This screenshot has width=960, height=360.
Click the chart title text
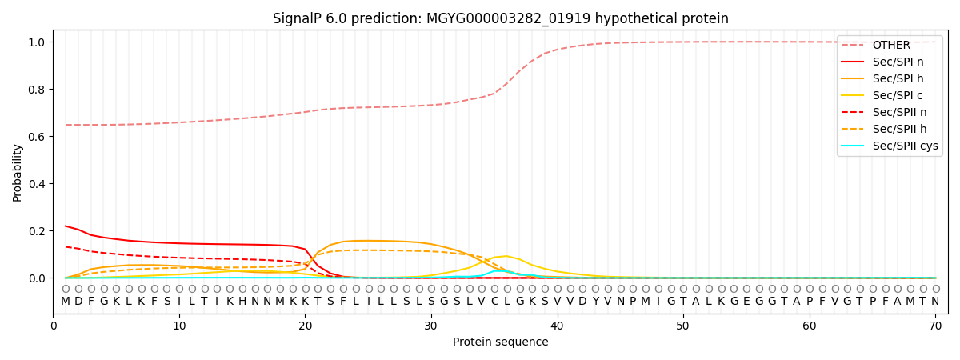tap(500, 18)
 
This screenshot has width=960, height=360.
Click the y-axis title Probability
tap(18, 172)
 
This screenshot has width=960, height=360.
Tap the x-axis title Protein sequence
tap(500, 342)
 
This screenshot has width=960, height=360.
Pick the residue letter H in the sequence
tap(242, 302)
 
